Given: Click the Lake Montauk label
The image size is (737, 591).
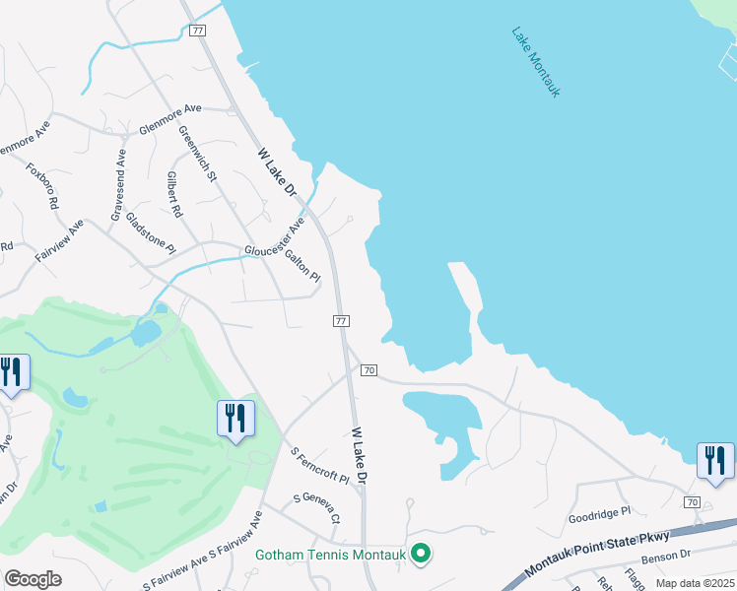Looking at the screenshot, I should [x=536, y=61].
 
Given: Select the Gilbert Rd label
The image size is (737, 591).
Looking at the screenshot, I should [x=174, y=195].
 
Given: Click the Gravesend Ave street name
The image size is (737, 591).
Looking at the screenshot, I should [x=118, y=184].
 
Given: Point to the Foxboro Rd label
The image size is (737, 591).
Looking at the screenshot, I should [x=42, y=186].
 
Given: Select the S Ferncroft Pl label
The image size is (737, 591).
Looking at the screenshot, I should [x=320, y=465].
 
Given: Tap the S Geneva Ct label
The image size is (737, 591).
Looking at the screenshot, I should [x=316, y=507].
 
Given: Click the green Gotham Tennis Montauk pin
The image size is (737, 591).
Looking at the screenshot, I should [x=421, y=555].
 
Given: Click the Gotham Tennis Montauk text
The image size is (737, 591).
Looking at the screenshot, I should [x=331, y=555].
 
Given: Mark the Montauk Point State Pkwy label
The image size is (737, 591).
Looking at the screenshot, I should [x=597, y=554].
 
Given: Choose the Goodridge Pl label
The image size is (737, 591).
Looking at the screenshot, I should [x=598, y=515].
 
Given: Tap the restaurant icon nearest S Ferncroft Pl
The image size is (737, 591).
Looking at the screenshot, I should [x=235, y=418].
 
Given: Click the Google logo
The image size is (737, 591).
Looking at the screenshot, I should [x=33, y=579].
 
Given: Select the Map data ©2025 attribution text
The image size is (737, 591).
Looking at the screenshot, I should [x=694, y=583].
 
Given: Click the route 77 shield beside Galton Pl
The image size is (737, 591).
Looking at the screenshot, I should [x=341, y=321].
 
